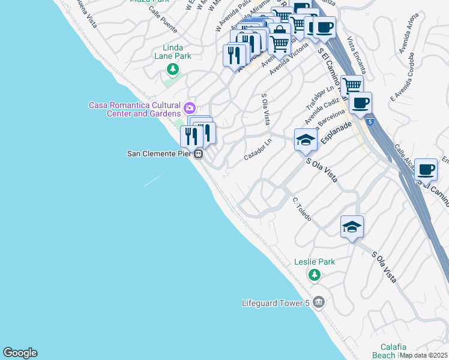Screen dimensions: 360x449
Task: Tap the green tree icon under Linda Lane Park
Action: (x=173, y=70)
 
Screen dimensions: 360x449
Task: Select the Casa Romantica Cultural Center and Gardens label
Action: (x=134, y=109)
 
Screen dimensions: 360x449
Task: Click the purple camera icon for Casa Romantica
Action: (x=190, y=108)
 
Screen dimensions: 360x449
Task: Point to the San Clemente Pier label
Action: (x=158, y=154)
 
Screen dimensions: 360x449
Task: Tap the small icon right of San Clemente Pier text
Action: (x=197, y=154)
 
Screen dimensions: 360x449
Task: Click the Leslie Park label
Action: (x=315, y=262)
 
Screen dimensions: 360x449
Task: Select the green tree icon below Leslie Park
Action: (x=313, y=275)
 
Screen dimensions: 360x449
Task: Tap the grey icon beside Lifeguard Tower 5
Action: (x=318, y=302)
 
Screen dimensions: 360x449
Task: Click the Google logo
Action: (x=20, y=353)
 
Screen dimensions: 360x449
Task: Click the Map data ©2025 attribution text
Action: (x=424, y=355)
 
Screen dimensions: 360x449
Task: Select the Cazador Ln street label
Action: (x=258, y=149)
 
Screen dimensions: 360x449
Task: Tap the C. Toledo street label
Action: (x=301, y=209)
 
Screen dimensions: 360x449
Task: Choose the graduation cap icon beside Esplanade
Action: (x=306, y=140)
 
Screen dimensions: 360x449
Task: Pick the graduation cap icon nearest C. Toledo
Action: (x=352, y=226)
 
